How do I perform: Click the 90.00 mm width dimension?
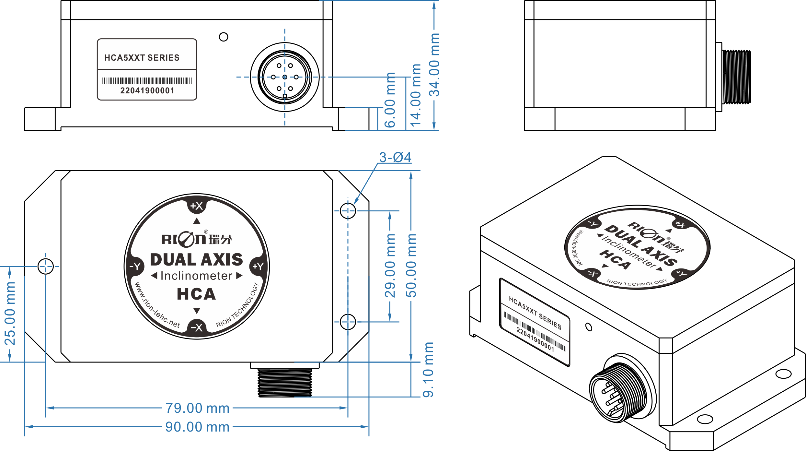(197, 427)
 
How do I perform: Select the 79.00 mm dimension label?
(197, 408)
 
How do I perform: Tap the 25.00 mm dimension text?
(10, 314)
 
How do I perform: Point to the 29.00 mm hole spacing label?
(390, 266)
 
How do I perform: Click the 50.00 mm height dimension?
(411, 266)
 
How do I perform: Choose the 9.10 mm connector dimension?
(428, 370)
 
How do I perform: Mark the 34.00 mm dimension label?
(434, 65)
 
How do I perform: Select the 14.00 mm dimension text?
(416, 95)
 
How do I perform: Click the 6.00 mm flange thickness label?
(390, 100)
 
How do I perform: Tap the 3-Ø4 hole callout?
(395, 158)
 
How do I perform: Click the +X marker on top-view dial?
(197, 206)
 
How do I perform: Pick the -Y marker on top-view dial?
(135, 267)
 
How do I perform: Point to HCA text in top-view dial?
(196, 294)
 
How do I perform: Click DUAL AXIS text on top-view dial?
(197, 260)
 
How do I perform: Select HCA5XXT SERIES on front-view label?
(142, 58)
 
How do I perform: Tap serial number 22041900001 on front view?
(147, 90)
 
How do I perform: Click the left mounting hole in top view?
(46, 267)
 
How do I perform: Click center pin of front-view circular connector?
(285, 77)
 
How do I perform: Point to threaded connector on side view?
(737, 77)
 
